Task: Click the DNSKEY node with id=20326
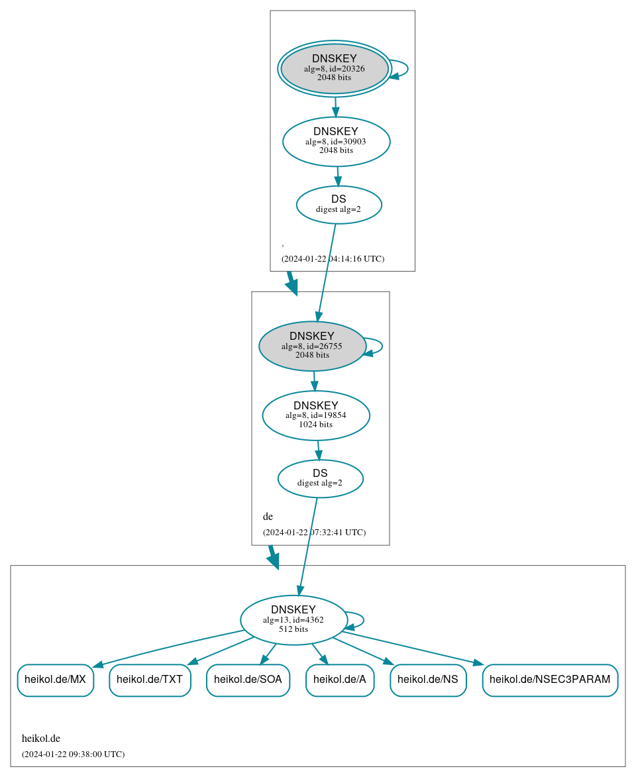point(335,68)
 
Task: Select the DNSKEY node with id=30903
point(336,141)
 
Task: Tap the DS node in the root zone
point(339,205)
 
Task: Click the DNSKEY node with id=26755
point(312,346)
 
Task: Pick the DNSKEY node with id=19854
point(316,415)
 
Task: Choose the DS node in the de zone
point(320,478)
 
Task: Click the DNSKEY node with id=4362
point(293,620)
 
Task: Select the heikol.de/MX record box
point(55,680)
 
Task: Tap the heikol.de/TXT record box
point(150,680)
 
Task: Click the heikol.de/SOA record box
point(248,680)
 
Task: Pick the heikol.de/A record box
point(339,680)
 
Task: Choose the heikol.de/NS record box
point(428,680)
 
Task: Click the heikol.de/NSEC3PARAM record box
point(550,680)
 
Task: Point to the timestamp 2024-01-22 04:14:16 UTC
point(333,258)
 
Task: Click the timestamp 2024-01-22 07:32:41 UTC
point(314,532)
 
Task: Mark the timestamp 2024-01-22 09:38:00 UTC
point(73,754)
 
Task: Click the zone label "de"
point(268,517)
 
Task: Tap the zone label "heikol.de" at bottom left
point(41,738)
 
